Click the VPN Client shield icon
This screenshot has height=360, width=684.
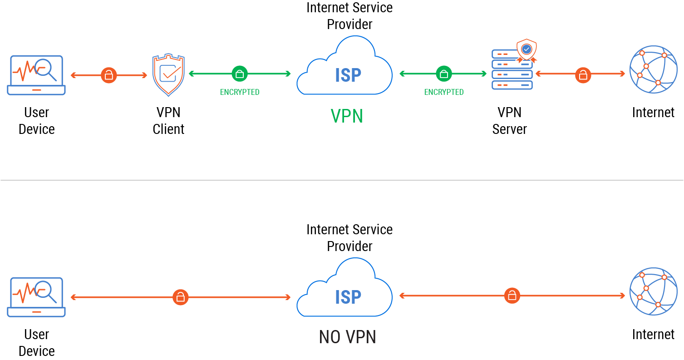tap(168, 75)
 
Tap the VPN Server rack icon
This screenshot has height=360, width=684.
tap(512, 72)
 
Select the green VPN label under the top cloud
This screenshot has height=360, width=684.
tap(347, 116)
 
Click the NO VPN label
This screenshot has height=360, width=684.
tap(348, 337)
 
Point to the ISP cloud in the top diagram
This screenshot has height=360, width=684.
tap(344, 68)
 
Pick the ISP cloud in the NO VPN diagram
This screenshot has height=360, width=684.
tap(344, 290)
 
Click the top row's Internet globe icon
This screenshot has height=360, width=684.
tap(653, 69)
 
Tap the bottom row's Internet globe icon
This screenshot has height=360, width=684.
tap(653, 291)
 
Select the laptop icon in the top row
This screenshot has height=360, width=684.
tap(36, 75)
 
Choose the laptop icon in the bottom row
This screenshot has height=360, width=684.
tap(36, 297)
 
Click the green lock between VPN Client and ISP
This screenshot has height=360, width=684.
tap(240, 74)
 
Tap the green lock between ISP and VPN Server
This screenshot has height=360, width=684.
tap(444, 74)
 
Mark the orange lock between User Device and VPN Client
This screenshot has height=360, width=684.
tap(108, 75)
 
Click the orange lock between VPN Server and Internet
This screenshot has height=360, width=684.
tap(583, 75)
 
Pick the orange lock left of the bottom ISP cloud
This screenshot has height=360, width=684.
tap(180, 297)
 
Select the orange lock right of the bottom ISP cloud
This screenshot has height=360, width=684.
tap(512, 296)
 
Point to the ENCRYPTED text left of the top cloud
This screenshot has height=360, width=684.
tap(240, 92)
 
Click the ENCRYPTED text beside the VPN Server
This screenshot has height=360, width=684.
tap(444, 92)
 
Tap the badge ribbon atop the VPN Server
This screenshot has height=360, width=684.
tap(527, 50)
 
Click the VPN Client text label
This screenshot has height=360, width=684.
tap(168, 121)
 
